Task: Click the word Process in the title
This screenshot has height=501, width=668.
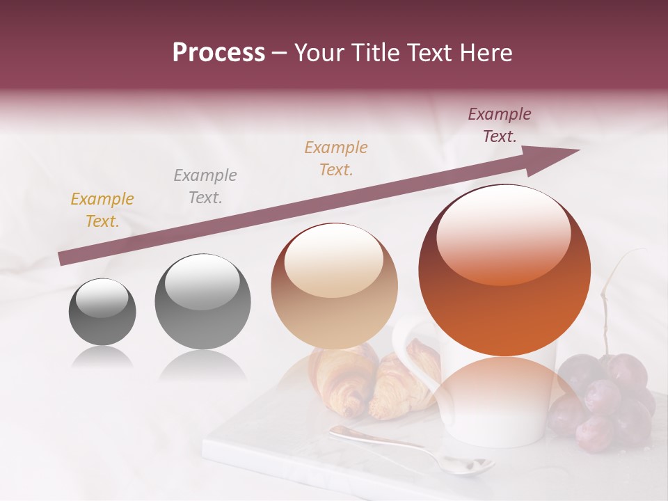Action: pyautogui.click(x=218, y=53)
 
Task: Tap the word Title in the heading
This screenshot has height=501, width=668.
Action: pyautogui.click(x=376, y=53)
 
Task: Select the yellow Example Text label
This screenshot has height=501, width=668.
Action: pyautogui.click(x=102, y=210)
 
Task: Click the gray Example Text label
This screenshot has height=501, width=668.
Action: pyautogui.click(x=205, y=186)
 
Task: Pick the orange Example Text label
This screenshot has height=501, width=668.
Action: pyautogui.click(x=336, y=159)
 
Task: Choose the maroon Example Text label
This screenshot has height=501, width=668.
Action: pyautogui.click(x=499, y=125)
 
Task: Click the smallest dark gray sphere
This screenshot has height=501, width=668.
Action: pyautogui.click(x=102, y=311)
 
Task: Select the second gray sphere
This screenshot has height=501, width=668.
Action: pyautogui.click(x=202, y=302)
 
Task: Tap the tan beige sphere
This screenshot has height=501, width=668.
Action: pyautogui.click(x=334, y=286)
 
